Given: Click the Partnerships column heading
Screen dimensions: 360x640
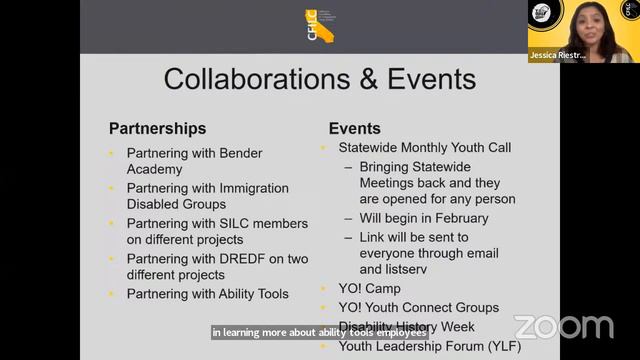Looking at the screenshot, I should pos(157,128).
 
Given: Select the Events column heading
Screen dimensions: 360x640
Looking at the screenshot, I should pos(354,128).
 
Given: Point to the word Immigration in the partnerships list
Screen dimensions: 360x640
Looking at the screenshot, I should pos(250,188).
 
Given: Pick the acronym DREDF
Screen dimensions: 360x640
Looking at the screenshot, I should pos(236,258).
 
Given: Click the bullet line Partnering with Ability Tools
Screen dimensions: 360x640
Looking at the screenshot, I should pos(207,294).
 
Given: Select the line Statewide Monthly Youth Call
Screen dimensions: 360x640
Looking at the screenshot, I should pos(424,147).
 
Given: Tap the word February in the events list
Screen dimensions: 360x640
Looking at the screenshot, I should pos(459,218).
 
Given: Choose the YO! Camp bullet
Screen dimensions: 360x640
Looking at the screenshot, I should pos(369,288).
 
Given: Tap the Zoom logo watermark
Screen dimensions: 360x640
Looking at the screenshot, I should pos(563,327).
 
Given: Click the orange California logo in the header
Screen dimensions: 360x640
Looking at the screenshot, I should pos(319,26).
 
